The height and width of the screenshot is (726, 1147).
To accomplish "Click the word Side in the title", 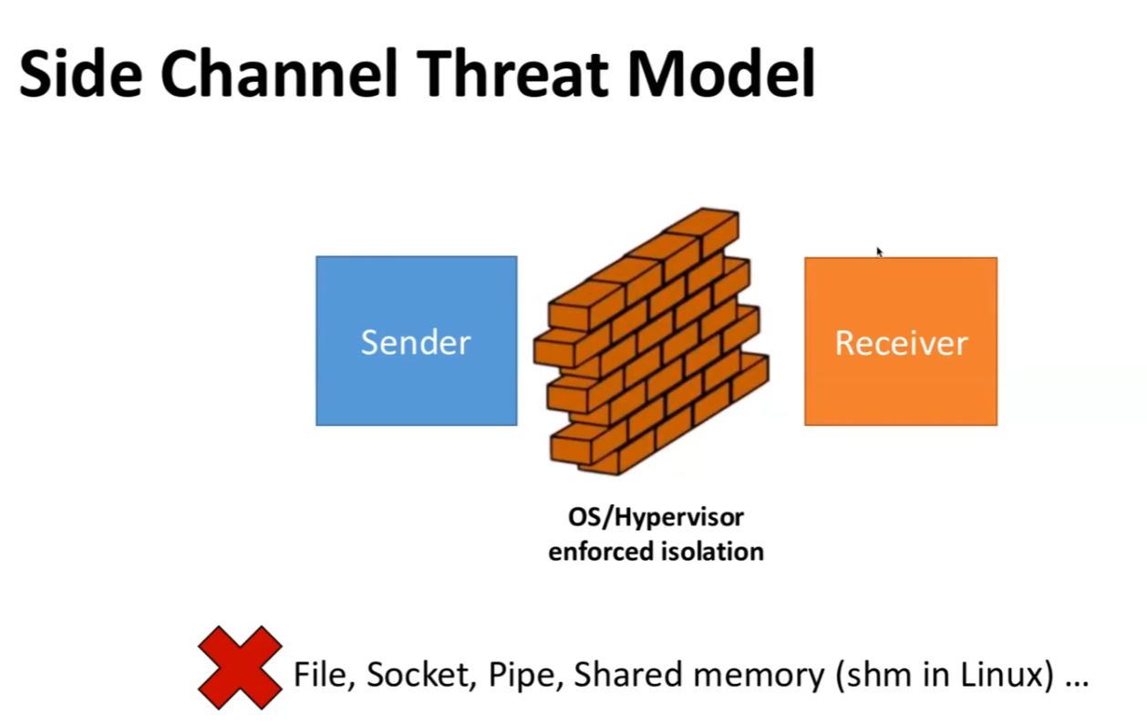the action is point(80,73).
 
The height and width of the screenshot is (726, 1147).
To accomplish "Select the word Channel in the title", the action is point(279,73).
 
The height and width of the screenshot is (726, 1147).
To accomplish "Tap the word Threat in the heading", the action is point(512,73).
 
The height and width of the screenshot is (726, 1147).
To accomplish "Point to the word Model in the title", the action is point(721,73).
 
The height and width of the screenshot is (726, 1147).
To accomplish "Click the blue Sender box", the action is point(417,341).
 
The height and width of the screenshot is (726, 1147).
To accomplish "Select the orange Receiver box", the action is point(901,341).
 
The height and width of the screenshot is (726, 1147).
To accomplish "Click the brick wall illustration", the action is point(651,342).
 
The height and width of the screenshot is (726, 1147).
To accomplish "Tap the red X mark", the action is point(240,668).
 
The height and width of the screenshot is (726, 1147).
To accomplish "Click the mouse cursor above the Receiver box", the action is point(880,252).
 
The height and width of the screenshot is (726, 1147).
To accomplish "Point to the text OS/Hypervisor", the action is point(656,517).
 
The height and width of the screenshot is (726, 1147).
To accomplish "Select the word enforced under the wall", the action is point(602,552).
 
